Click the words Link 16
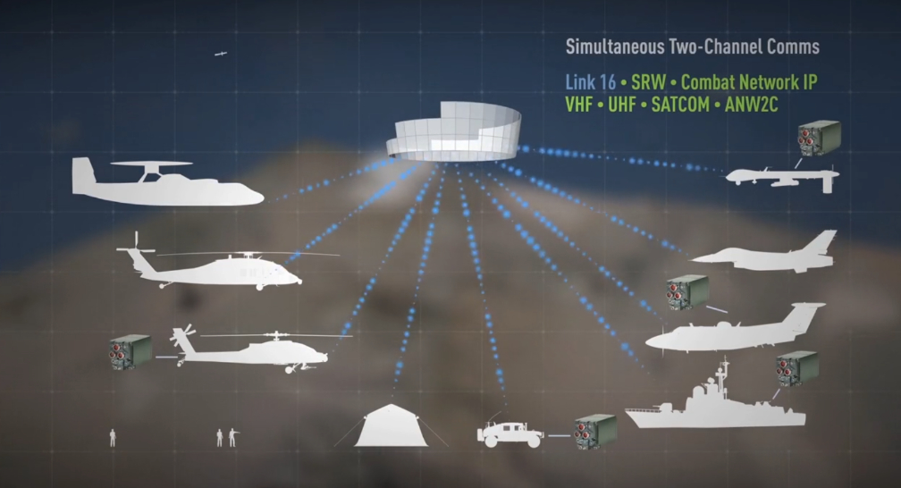590,82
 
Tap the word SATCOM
680,105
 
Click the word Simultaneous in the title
614,46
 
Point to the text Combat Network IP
749,82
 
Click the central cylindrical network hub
453,131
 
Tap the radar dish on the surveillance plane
151,164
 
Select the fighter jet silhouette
764,252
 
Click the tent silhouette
392,425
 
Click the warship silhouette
715,399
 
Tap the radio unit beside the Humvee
596,432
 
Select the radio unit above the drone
820,139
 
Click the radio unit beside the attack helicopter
131,352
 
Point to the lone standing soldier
113,437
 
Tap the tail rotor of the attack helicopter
184,338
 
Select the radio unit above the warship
797,368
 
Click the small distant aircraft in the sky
221,54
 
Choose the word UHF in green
622,105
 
